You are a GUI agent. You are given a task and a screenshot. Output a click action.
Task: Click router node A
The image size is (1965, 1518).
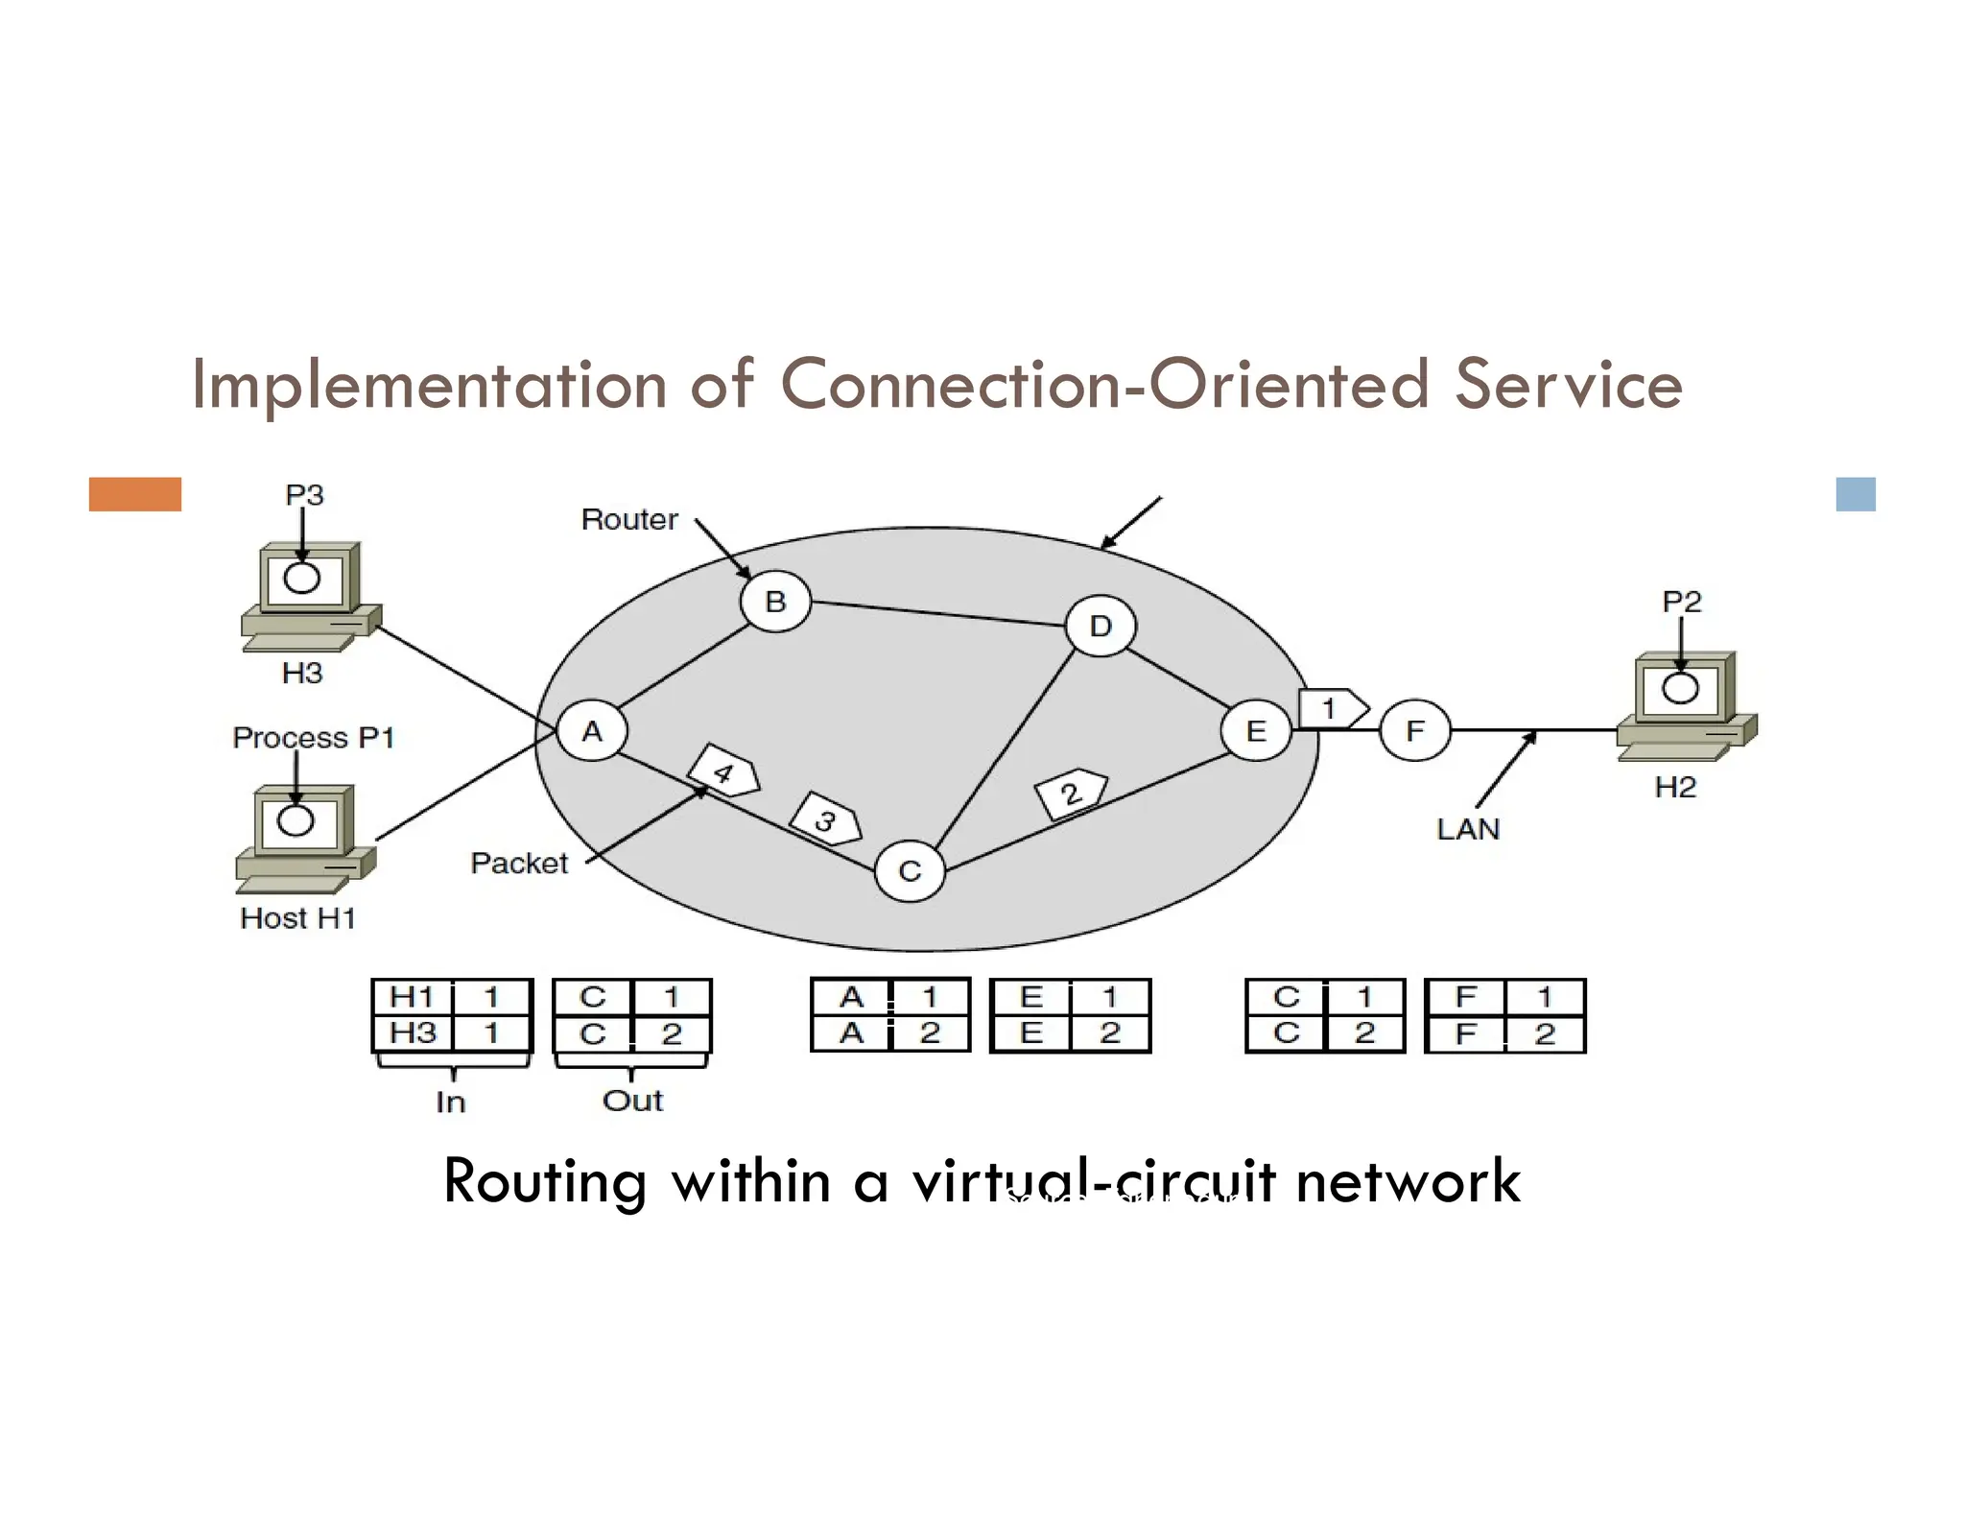pyautogui.click(x=592, y=731)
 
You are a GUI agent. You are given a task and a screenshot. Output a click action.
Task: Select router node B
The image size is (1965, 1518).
pyautogui.click(x=775, y=602)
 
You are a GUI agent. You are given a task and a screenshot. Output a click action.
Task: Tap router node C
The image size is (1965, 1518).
pyautogui.click(x=910, y=870)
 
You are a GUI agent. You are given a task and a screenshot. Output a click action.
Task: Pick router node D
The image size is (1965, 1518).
pyautogui.click(x=1100, y=626)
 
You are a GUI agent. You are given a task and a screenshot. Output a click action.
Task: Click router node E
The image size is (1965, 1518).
pyautogui.click(x=1255, y=731)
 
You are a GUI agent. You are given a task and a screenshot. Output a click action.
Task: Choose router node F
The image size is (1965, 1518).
pyautogui.click(x=1414, y=731)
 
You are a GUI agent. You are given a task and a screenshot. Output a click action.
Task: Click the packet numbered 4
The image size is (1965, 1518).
pyautogui.click(x=724, y=771)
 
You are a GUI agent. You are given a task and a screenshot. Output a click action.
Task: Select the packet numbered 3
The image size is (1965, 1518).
pyautogui.click(x=825, y=818)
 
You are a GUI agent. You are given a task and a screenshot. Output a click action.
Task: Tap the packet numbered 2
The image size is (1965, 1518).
pyautogui.click(x=1071, y=793)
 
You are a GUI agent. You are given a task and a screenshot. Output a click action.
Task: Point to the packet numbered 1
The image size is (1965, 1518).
pyautogui.click(x=1332, y=708)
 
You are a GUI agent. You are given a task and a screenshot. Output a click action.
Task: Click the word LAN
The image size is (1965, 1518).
pyautogui.click(x=1467, y=829)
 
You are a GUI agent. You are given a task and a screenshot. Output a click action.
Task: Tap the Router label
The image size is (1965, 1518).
pyautogui.click(x=629, y=520)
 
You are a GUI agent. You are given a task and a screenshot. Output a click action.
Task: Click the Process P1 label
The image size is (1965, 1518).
pyautogui.click(x=313, y=738)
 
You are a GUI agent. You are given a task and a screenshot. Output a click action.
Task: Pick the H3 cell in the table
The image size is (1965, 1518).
pyautogui.click(x=413, y=1033)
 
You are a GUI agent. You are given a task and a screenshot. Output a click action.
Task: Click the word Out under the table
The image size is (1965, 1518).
pyautogui.click(x=632, y=1101)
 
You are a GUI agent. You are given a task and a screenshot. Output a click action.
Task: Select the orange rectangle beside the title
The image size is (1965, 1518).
pyautogui.click(x=135, y=494)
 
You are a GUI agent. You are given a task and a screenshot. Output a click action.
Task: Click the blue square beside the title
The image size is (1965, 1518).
pyautogui.click(x=1855, y=494)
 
